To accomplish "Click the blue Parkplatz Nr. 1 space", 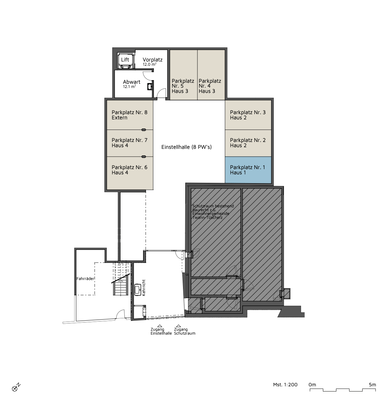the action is (248, 170).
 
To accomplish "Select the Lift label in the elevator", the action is (125, 60).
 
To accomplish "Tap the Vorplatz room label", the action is (152, 60).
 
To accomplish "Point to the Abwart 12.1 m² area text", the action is (129, 87).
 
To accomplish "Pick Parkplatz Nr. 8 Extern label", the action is (129, 115).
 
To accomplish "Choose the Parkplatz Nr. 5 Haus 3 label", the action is (183, 86).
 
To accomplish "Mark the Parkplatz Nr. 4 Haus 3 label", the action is (210, 86).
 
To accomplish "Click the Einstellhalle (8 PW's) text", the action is (186, 147).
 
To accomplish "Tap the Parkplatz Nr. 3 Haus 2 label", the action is (248, 115).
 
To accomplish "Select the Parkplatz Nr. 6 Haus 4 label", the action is (129, 170).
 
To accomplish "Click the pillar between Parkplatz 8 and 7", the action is (144, 130).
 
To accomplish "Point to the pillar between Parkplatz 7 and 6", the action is (144, 157).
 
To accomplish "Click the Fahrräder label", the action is (85, 279).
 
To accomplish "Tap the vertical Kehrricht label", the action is (144, 288).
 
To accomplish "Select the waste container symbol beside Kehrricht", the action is (138, 289).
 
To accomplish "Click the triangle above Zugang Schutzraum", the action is (178, 326).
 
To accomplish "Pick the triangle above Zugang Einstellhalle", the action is (159, 326).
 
